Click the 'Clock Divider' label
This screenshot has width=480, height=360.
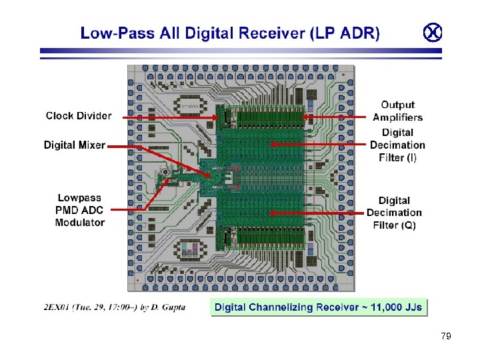coord(79,116)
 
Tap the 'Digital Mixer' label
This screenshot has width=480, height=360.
coord(74,145)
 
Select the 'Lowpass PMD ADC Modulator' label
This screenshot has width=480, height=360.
coord(81,210)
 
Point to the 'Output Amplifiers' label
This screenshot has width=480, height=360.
coord(397,111)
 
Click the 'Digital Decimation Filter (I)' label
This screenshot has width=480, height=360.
coord(397,145)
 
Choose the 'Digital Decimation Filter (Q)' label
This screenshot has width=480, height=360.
coord(394,213)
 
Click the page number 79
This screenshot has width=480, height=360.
coord(446,336)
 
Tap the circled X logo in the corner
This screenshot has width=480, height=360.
coord(433,31)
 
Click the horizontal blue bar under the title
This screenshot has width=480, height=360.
coord(240,51)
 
